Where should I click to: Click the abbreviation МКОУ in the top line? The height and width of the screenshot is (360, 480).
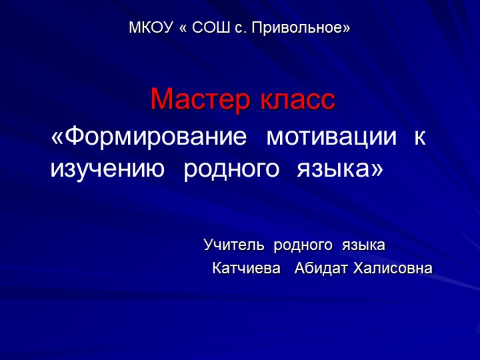150,29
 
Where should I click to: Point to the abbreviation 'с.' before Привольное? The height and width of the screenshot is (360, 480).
241,29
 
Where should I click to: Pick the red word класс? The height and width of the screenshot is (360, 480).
297,100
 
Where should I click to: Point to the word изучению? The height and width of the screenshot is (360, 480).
107,169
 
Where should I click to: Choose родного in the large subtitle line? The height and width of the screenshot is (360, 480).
231,169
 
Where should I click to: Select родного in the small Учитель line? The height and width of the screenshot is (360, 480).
303,245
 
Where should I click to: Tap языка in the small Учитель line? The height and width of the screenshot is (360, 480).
363,245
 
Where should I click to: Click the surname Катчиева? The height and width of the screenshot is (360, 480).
246,269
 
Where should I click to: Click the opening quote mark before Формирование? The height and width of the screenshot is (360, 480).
58,139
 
